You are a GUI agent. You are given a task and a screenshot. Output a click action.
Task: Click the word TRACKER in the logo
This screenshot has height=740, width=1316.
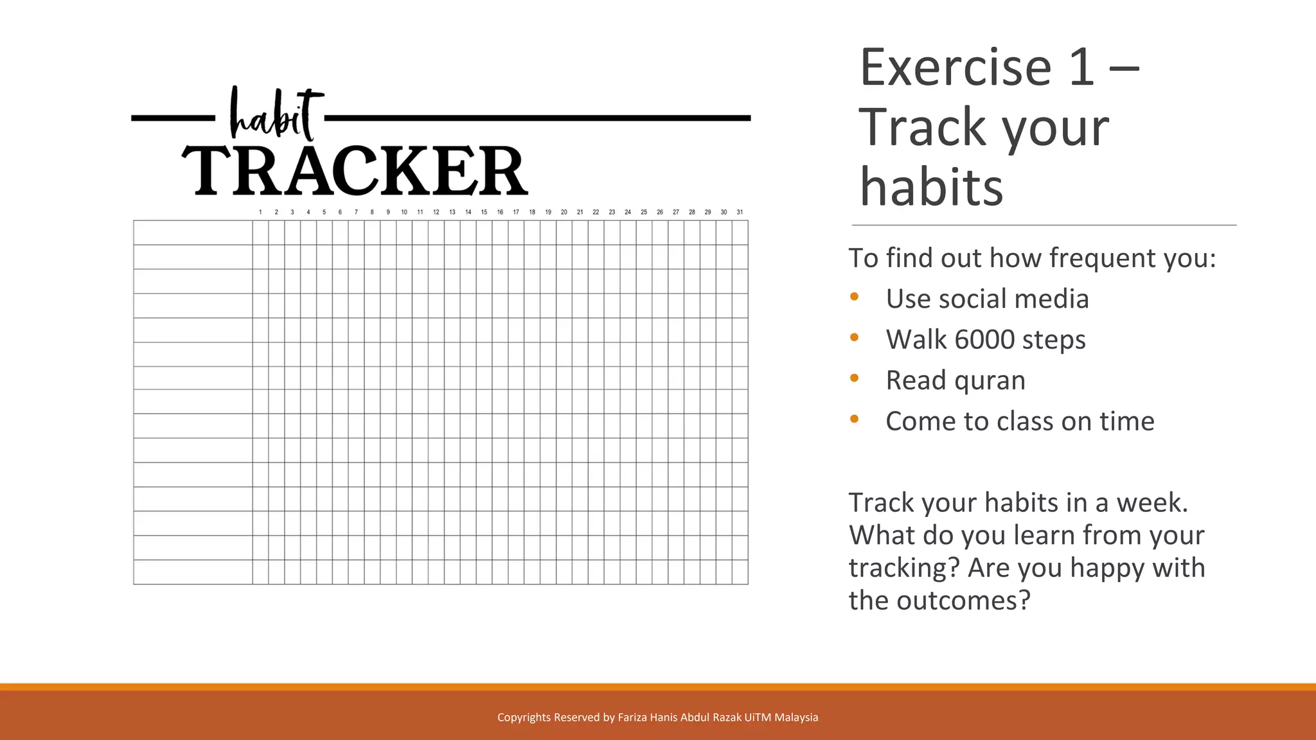click(355, 170)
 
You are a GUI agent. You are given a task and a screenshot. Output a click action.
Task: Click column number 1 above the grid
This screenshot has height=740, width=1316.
click(260, 212)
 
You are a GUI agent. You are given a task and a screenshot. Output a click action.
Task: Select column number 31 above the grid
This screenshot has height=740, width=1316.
click(740, 212)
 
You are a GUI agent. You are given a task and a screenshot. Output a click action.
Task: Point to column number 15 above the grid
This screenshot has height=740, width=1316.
click(484, 212)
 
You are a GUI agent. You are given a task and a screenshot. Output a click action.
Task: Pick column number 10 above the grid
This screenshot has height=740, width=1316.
click(404, 212)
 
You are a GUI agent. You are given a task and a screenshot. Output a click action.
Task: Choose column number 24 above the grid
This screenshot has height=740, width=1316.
click(628, 212)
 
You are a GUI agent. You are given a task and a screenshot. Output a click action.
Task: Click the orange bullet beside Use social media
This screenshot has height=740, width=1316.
click(854, 297)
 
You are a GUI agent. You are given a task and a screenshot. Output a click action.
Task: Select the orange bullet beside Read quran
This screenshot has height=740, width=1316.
click(854, 378)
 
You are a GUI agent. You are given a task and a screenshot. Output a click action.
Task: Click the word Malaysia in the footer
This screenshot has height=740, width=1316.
click(796, 718)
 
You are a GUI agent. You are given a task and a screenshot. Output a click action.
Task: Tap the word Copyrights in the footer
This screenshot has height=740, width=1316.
click(524, 718)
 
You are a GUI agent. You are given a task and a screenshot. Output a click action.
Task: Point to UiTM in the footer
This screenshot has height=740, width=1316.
click(758, 718)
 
